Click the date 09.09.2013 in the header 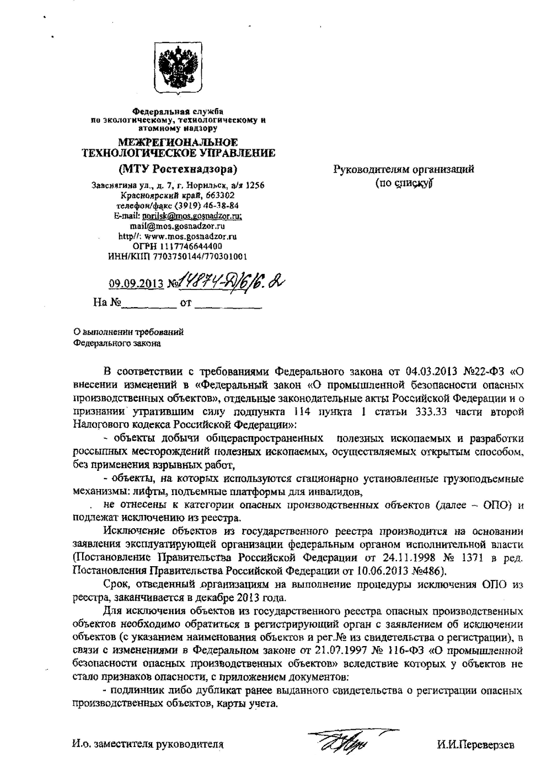[136, 284]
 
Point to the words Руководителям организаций [404, 170]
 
